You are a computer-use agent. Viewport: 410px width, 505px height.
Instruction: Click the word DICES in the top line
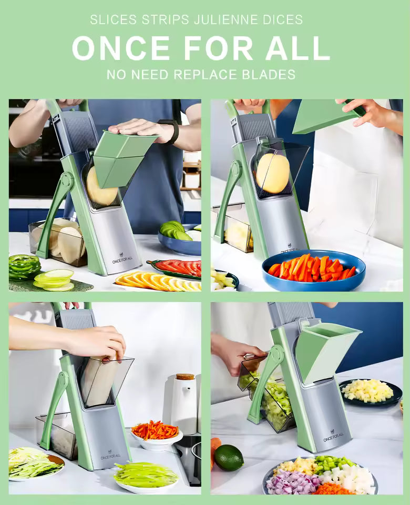coord(283,19)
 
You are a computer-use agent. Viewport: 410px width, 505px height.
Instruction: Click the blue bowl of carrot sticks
coord(313,270)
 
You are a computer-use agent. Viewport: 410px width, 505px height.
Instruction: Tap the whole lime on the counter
coord(229,458)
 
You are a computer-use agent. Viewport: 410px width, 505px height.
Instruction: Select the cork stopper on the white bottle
coord(185,377)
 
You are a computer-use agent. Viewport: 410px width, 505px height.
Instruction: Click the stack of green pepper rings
coord(25,267)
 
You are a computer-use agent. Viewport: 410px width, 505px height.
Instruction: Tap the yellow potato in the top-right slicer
coord(273,173)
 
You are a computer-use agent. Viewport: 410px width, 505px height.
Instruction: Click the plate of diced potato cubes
coord(371,391)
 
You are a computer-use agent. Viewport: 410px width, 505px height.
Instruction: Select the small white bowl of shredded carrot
coord(156,433)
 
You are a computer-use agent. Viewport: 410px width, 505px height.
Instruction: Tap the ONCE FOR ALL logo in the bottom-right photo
coord(333,436)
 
